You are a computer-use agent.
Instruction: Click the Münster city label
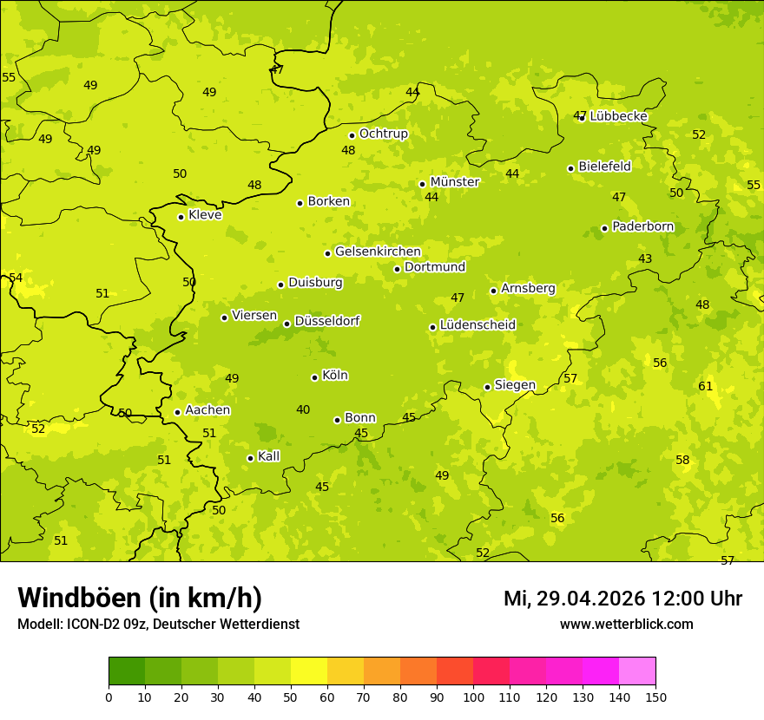click(454, 182)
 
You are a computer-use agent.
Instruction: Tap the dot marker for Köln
click(314, 377)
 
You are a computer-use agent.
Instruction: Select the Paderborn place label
click(642, 226)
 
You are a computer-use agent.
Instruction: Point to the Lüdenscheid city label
click(477, 325)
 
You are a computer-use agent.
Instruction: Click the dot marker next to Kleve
click(181, 217)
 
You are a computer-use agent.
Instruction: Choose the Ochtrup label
click(383, 134)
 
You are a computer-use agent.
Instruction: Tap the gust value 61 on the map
click(706, 386)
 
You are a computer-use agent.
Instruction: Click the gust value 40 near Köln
click(303, 409)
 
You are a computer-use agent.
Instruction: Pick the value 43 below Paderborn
click(645, 259)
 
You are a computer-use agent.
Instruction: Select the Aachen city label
click(207, 410)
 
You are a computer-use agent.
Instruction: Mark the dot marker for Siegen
click(487, 387)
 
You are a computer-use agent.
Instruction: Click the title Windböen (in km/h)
click(140, 598)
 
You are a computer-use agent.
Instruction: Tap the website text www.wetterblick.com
click(626, 624)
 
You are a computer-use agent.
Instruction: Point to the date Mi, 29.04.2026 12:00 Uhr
click(622, 599)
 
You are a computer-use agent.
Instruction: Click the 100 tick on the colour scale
click(473, 697)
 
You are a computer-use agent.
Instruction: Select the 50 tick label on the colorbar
click(291, 697)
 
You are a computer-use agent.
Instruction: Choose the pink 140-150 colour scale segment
click(637, 671)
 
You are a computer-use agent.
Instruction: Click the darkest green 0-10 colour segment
click(127, 671)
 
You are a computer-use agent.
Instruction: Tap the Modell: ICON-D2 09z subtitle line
click(158, 624)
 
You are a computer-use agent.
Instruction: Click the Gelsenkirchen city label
click(378, 252)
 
